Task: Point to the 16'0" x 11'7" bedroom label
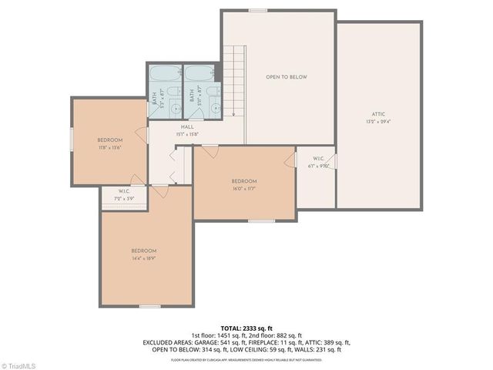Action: click(243, 184)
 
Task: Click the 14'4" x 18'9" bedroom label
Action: click(143, 254)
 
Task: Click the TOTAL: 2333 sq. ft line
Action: click(246, 328)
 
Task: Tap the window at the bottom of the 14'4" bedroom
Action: click(149, 306)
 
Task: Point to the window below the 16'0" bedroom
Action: click(261, 221)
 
